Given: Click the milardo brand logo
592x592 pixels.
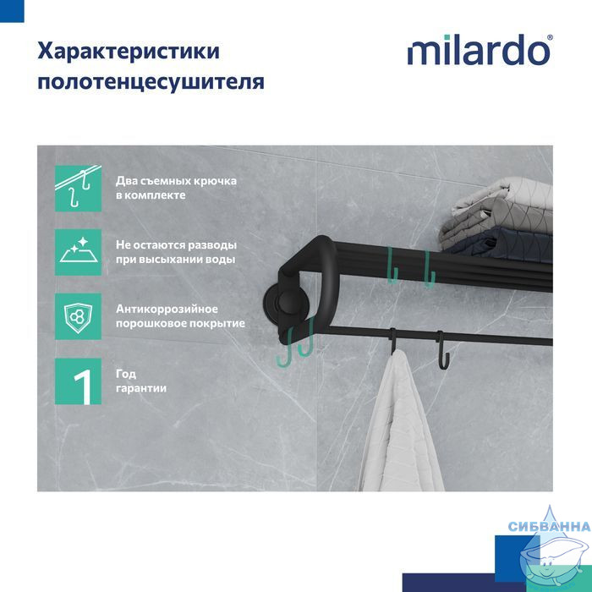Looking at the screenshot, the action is point(479,50).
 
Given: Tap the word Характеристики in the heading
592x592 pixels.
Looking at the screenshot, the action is point(129,51).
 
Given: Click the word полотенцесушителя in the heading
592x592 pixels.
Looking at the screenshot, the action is point(151,82).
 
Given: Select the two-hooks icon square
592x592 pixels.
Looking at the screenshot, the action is point(78,189).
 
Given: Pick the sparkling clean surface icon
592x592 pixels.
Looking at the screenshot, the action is point(78,252).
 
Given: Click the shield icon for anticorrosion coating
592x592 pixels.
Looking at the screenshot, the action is point(78,317).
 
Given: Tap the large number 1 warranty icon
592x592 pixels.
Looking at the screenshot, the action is point(78,381).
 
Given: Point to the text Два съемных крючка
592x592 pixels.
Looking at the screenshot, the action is point(176,181).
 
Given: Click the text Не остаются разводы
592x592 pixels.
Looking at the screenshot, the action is point(176,245).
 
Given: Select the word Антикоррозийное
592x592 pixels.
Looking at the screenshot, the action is point(167,310).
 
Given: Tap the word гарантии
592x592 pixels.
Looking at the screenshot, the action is point(141,388).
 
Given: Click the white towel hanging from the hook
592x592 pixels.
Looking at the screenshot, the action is point(403,423).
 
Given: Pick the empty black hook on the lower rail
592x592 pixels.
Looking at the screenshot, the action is point(442,350).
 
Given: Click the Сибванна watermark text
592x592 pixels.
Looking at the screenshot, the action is point(549,526).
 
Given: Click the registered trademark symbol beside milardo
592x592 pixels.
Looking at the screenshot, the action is point(550,37).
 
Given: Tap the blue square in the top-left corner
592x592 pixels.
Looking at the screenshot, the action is point(12,11).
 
